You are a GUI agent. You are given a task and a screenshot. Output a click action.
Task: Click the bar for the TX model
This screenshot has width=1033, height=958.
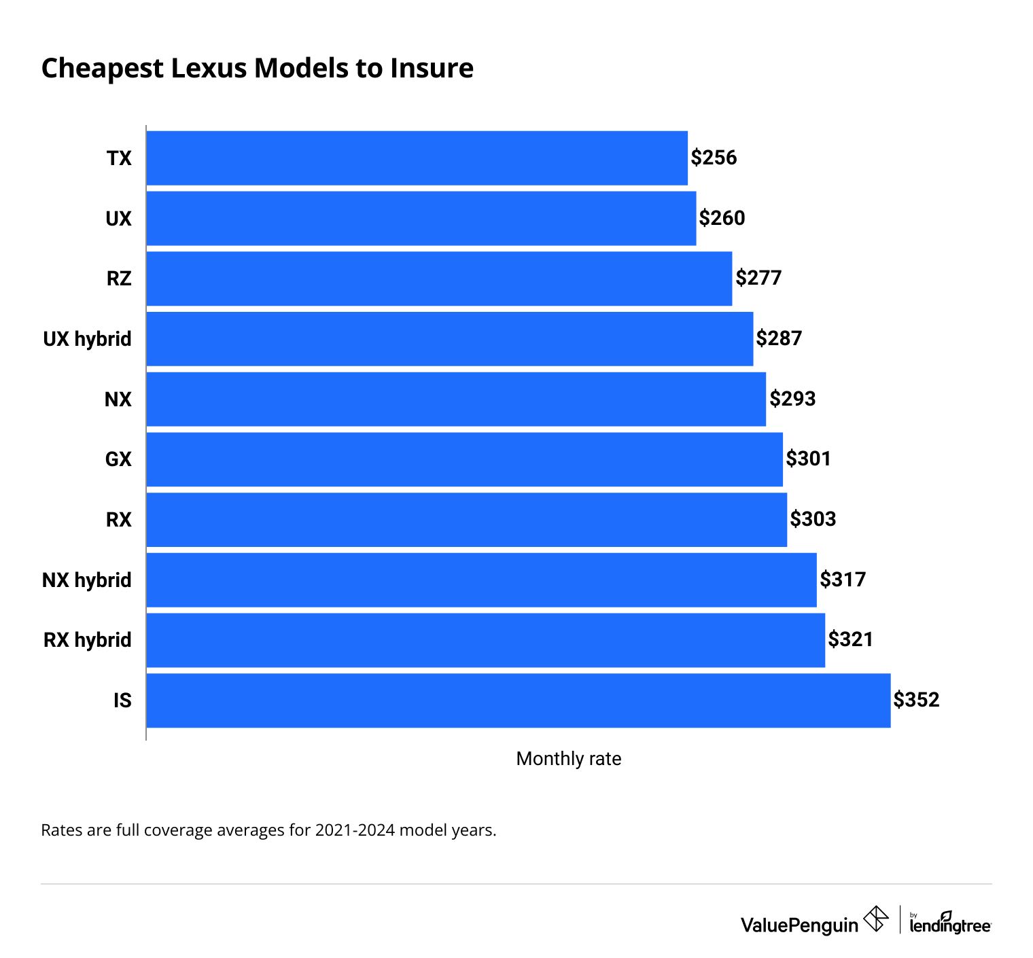pos(417,158)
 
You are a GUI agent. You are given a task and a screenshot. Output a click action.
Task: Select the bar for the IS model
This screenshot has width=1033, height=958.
pos(518,700)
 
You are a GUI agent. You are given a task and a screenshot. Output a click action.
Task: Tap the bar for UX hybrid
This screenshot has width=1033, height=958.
pos(449,338)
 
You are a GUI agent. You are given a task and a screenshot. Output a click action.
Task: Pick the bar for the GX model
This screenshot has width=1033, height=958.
pos(464,459)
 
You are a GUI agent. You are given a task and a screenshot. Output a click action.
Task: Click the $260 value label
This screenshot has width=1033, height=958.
pos(722,218)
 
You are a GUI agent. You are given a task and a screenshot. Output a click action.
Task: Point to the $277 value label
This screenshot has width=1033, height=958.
pos(758,278)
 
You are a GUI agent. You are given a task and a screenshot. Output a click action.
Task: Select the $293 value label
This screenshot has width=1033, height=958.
pos(792,399)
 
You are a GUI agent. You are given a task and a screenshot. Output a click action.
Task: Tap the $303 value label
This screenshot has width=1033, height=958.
pos(813,519)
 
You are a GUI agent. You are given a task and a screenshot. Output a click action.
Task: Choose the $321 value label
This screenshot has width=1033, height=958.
pos(850,639)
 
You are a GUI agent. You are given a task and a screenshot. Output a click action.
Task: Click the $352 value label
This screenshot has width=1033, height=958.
pos(916,700)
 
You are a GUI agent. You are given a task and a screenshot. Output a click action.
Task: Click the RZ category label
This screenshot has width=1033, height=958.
pos(119,279)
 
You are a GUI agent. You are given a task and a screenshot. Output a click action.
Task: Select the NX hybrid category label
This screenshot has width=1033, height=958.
pos(87,580)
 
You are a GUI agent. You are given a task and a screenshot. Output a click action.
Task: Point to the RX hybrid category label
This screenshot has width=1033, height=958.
pos(88,640)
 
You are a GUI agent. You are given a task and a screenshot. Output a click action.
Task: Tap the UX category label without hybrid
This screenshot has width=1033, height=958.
pos(119,219)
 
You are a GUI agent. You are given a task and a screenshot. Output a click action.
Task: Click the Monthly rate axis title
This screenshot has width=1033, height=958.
pos(569,759)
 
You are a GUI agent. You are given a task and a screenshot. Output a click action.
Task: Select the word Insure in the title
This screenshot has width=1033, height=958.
pos(432,69)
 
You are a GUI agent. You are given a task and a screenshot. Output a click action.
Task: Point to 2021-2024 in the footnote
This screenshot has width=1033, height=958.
pos(355,830)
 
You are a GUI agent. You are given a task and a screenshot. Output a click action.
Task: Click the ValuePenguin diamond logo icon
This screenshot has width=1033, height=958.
pos(875,919)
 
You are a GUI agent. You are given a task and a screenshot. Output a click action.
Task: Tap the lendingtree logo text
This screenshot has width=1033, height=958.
pos(950,925)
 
